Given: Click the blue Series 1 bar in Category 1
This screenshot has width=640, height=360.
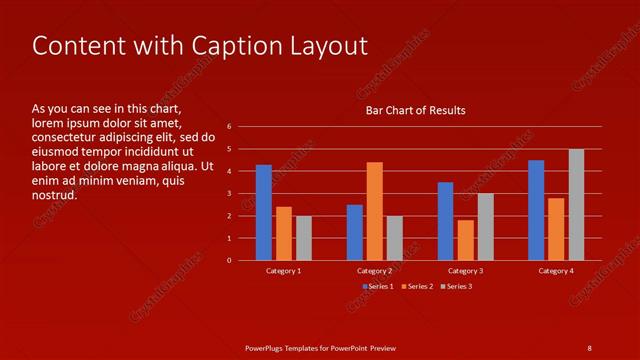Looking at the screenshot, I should (264, 212).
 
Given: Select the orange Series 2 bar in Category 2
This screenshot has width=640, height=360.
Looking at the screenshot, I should (375, 211).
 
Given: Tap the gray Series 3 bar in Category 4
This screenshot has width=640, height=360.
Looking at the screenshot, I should (576, 205).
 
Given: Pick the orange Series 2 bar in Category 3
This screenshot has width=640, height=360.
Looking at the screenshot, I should (465, 240).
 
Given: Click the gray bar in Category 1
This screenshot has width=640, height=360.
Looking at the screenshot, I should (304, 238).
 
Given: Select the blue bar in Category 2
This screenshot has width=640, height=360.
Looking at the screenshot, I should (355, 232).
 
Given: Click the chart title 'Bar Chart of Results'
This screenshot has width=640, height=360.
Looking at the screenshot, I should (414, 110).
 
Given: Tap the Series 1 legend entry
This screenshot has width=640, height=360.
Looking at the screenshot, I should (377, 287).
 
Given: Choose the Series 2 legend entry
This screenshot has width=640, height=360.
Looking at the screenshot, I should (417, 287).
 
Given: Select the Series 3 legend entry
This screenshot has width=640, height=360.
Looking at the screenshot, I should (456, 287).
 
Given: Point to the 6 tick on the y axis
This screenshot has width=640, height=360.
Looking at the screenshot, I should (230, 127).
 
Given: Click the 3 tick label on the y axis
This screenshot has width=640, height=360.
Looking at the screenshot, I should (230, 194).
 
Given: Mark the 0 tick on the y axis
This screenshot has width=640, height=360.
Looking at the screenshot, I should (230, 261).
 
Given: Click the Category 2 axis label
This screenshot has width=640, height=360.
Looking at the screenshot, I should (374, 271).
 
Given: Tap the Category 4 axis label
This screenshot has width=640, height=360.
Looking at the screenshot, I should (556, 271).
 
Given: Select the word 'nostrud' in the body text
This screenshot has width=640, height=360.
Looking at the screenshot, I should (55, 196).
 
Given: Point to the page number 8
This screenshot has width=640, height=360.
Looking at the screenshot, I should (589, 348).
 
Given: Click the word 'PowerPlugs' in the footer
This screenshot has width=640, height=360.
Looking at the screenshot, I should (266, 348).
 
